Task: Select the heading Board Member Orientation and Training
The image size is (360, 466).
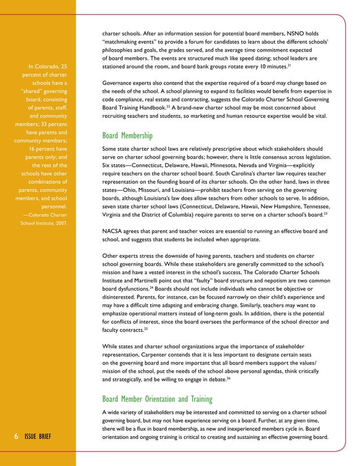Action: (x=157, y=399)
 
